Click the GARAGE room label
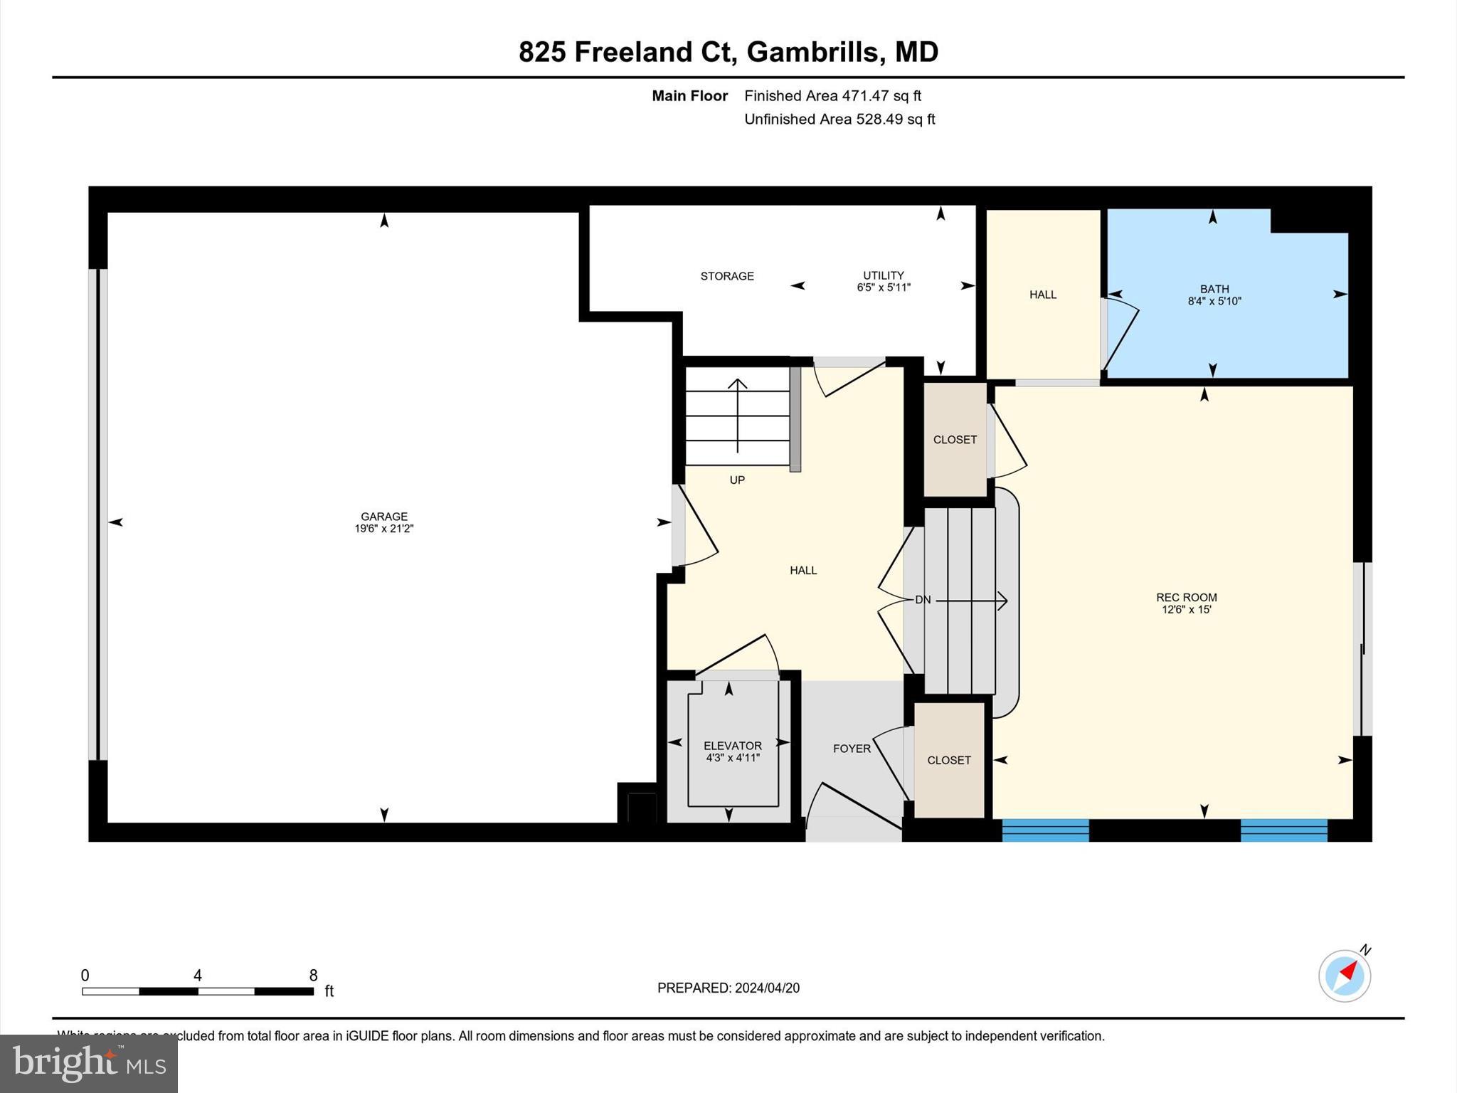383,517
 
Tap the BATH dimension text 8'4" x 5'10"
1214,302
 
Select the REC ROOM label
1186,598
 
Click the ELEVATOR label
732,746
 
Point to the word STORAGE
726,276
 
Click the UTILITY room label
883,275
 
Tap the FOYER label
852,749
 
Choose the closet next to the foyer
948,760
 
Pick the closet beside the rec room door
954,440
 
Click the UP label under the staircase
737,480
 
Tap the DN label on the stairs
922,600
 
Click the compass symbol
1344,976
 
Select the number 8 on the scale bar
313,976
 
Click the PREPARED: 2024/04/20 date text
728,988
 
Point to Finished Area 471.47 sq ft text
832,95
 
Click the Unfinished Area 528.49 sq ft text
839,119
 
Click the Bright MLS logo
89,1063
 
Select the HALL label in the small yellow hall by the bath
1042,295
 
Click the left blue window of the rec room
1045,830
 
